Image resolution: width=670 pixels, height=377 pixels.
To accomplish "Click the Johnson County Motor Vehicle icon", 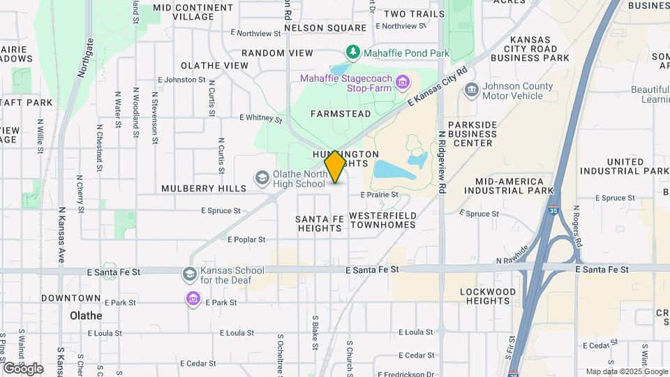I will point(472,90).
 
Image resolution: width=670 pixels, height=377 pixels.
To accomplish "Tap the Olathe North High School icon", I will point(262,179).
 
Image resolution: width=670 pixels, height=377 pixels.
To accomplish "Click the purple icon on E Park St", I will point(193,300).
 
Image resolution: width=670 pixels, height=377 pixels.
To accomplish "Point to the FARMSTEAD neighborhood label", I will point(341,112).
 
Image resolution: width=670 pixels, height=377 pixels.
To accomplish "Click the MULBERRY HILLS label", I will point(204,188).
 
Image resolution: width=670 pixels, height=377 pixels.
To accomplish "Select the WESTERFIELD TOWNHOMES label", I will point(382,220).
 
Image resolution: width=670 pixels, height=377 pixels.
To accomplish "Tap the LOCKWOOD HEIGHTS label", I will point(488,296).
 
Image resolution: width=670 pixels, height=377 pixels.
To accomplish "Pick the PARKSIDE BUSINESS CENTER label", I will point(472,133).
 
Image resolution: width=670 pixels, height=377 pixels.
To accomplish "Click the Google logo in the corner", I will point(22,368).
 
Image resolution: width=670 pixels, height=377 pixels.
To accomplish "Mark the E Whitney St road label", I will point(260,119).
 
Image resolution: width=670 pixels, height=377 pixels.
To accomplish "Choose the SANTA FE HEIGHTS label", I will point(320,223).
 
